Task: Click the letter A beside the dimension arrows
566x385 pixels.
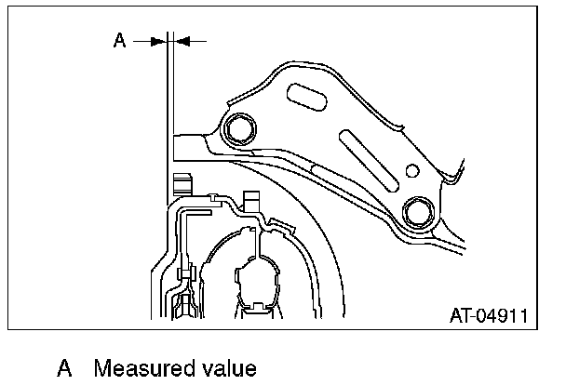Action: pyautogui.click(x=119, y=40)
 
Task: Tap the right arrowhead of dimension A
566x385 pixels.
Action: pyautogui.click(x=179, y=40)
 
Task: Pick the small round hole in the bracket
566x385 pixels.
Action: pyautogui.click(x=411, y=169)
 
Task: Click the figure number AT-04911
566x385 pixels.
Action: pyautogui.click(x=491, y=315)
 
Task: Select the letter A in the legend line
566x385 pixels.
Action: pyautogui.click(x=64, y=368)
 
